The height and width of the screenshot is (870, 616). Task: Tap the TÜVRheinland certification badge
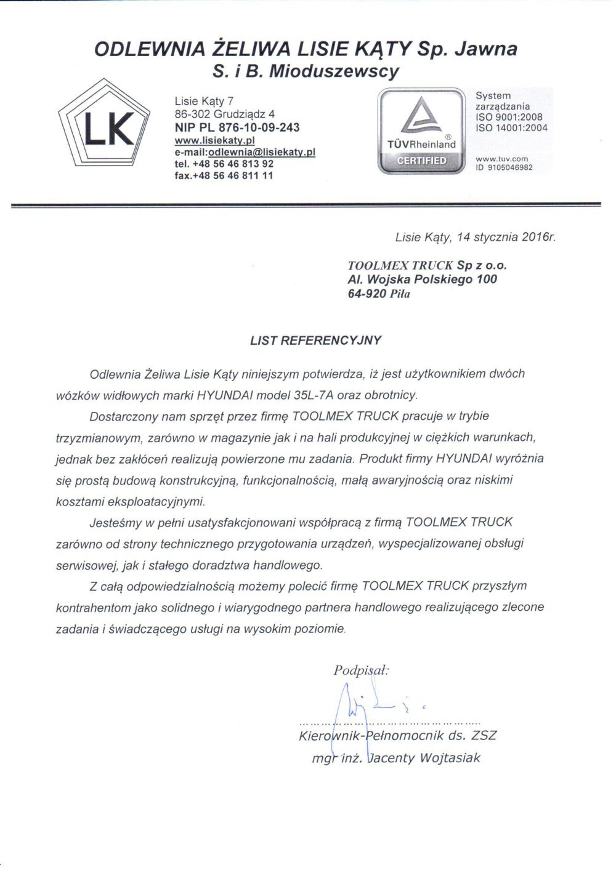coord(421,131)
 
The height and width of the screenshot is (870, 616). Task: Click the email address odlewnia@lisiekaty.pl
coord(262,152)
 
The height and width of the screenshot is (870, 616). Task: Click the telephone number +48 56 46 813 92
coord(233,164)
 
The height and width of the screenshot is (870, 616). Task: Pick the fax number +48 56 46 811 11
coord(233,175)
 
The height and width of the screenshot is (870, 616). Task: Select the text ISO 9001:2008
coord(509,117)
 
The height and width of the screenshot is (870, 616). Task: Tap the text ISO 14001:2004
coord(511,127)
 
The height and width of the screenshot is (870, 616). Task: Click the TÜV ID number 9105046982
coord(509,167)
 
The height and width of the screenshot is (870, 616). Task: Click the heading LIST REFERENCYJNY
coord(315,340)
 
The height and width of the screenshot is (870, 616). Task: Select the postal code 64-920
coord(367,294)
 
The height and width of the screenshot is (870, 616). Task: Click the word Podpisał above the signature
coord(361,671)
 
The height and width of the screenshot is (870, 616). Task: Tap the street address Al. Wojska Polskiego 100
coord(423,280)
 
